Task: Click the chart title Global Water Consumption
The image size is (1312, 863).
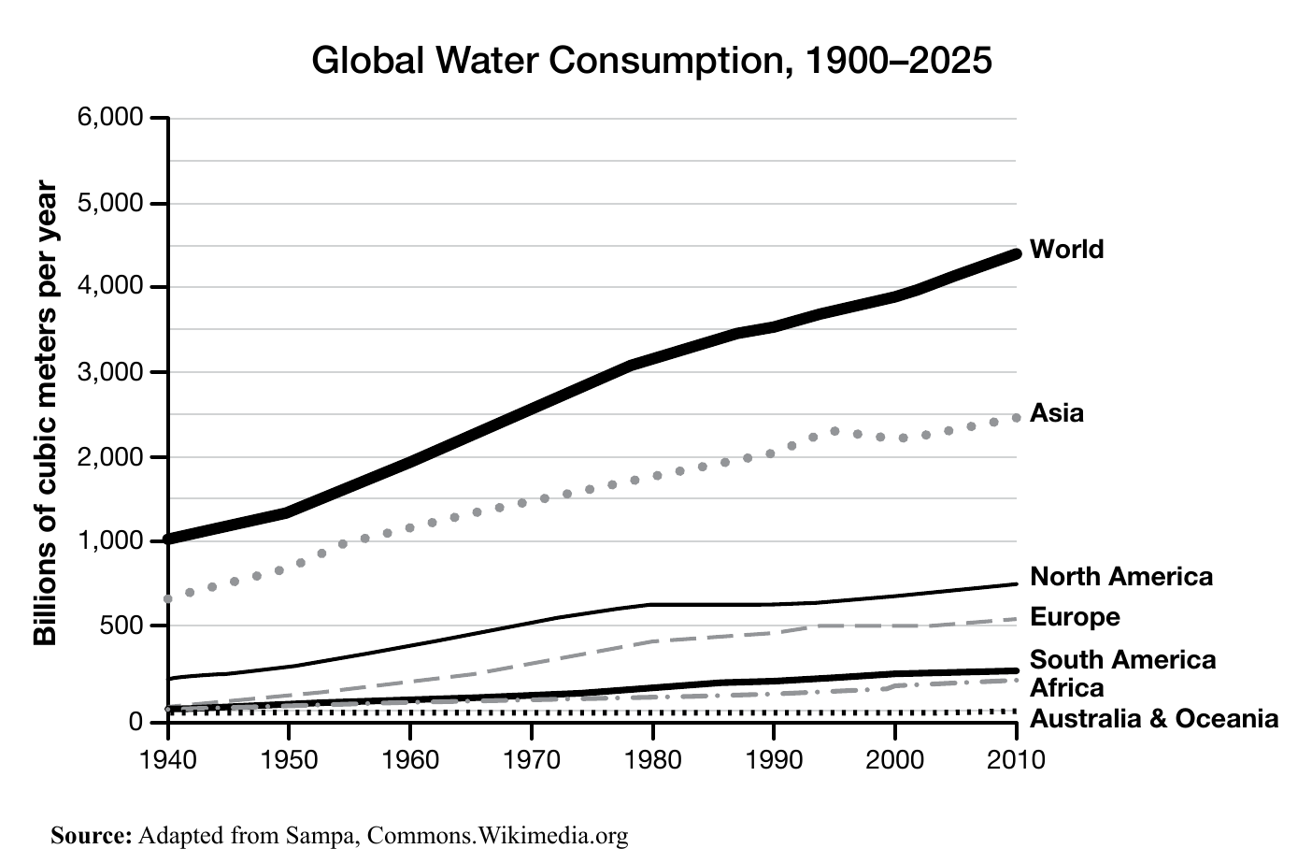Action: click(650, 61)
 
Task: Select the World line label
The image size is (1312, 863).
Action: click(1066, 250)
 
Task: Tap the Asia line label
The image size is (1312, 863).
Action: click(1056, 413)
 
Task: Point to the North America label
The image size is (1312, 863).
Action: click(1120, 577)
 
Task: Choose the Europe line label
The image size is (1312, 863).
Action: click(1074, 617)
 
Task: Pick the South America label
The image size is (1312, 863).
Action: click(1122, 660)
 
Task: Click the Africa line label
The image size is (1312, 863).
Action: click(1066, 688)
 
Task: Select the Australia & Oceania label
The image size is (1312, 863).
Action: click(1153, 719)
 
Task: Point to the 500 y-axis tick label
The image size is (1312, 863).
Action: click(121, 626)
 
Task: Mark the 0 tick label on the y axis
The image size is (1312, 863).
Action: click(135, 722)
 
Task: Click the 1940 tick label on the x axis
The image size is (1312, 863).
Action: click(168, 757)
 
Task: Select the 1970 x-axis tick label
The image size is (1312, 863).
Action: click(532, 757)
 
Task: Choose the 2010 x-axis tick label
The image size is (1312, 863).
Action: click(1016, 757)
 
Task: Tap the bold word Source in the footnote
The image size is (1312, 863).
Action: click(91, 835)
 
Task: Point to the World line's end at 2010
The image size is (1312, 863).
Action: click(1015, 253)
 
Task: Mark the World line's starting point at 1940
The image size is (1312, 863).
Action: click(169, 539)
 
